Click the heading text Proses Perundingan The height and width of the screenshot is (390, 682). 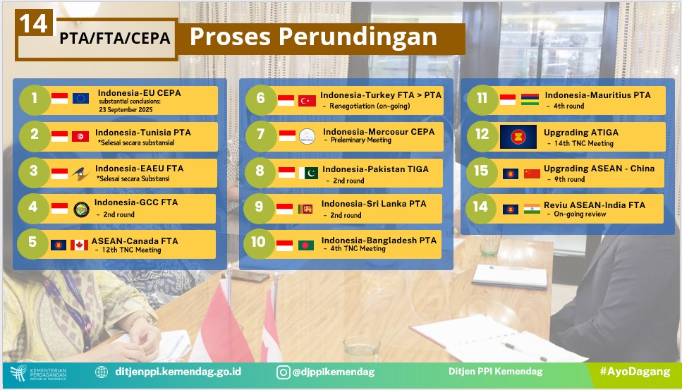313,37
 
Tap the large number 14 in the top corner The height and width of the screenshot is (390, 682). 33,23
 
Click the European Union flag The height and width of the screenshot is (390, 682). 80,98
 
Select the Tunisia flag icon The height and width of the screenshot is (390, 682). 80,137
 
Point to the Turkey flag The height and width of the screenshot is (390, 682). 307,101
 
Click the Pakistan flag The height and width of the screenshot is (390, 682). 308,173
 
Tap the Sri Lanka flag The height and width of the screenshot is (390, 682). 305,209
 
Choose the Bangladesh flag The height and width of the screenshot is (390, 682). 306,245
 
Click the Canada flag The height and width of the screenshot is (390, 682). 79,245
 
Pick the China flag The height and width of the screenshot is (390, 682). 532,174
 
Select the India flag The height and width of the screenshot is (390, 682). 532,209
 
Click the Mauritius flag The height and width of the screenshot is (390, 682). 530,99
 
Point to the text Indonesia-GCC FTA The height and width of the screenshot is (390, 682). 136,202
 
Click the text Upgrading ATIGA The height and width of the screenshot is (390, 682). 581,133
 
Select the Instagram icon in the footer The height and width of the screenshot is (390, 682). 283,372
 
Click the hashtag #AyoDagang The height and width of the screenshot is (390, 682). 635,371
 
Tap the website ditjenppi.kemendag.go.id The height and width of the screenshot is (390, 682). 178,372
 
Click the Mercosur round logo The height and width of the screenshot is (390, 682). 307,137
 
